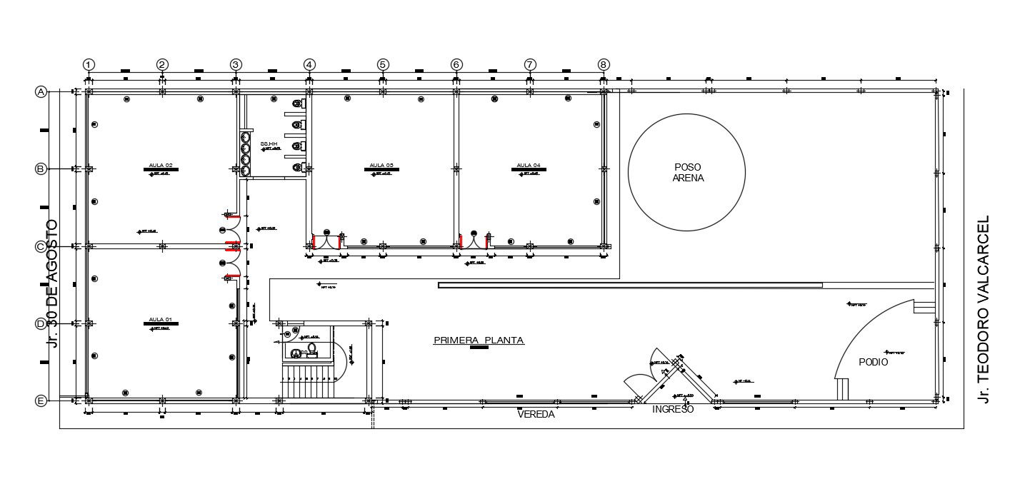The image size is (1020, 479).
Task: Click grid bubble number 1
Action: tap(89, 64)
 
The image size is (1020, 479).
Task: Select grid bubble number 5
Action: tap(383, 64)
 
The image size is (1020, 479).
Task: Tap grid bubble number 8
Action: tap(604, 64)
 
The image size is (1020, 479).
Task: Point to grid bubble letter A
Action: tap(41, 91)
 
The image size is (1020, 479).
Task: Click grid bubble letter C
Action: tap(41, 246)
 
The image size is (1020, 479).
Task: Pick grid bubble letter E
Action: tap(41, 401)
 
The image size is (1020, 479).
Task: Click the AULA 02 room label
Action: tap(160, 165)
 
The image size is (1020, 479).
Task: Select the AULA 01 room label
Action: tap(160, 319)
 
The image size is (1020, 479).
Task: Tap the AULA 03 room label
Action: tap(381, 165)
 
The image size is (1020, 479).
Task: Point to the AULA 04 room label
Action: tap(529, 165)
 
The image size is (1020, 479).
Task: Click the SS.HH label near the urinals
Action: tap(269, 144)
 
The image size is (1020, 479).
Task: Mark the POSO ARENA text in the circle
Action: tap(688, 173)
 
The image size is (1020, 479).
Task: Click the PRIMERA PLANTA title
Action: tap(479, 341)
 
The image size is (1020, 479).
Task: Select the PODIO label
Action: tap(873, 363)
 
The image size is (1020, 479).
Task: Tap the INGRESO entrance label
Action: tap(673, 410)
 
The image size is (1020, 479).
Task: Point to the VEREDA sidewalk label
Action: tap(536, 415)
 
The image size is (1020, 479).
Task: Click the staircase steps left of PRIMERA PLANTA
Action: tap(308, 385)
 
